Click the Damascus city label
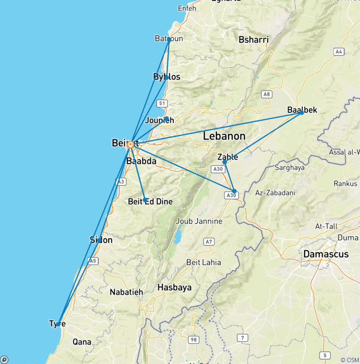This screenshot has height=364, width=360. pyautogui.click(x=326, y=254)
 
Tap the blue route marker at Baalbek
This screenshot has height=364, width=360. pyautogui.click(x=301, y=113)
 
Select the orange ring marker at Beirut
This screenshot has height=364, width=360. pyautogui.click(x=130, y=144)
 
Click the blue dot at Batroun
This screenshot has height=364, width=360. pyautogui.click(x=169, y=40)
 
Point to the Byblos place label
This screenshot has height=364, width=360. pyautogui.click(x=166, y=77)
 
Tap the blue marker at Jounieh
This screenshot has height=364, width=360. pyautogui.click(x=166, y=119)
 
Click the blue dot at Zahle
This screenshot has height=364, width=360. pyautogui.click(x=225, y=162)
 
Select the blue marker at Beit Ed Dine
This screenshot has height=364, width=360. pyautogui.click(x=145, y=200)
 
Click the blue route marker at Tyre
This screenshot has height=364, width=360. pyautogui.click(x=58, y=324)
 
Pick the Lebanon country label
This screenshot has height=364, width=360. pyautogui.click(x=224, y=136)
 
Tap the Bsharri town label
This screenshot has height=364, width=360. pyautogui.click(x=254, y=40)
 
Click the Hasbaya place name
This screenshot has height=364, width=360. pyautogui.click(x=174, y=288)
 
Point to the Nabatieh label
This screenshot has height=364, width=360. pyautogui.click(x=126, y=292)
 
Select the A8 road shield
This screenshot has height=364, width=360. pyautogui.click(x=267, y=94)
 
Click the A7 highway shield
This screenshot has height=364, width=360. pyautogui.click(x=209, y=242)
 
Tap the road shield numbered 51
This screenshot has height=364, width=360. pyautogui.click(x=162, y=103)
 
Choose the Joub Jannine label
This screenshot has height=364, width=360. pyautogui.click(x=196, y=221)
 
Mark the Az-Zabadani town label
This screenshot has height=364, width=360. pyautogui.click(x=275, y=193)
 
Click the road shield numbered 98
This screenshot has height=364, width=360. pyautogui.click(x=192, y=339)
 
